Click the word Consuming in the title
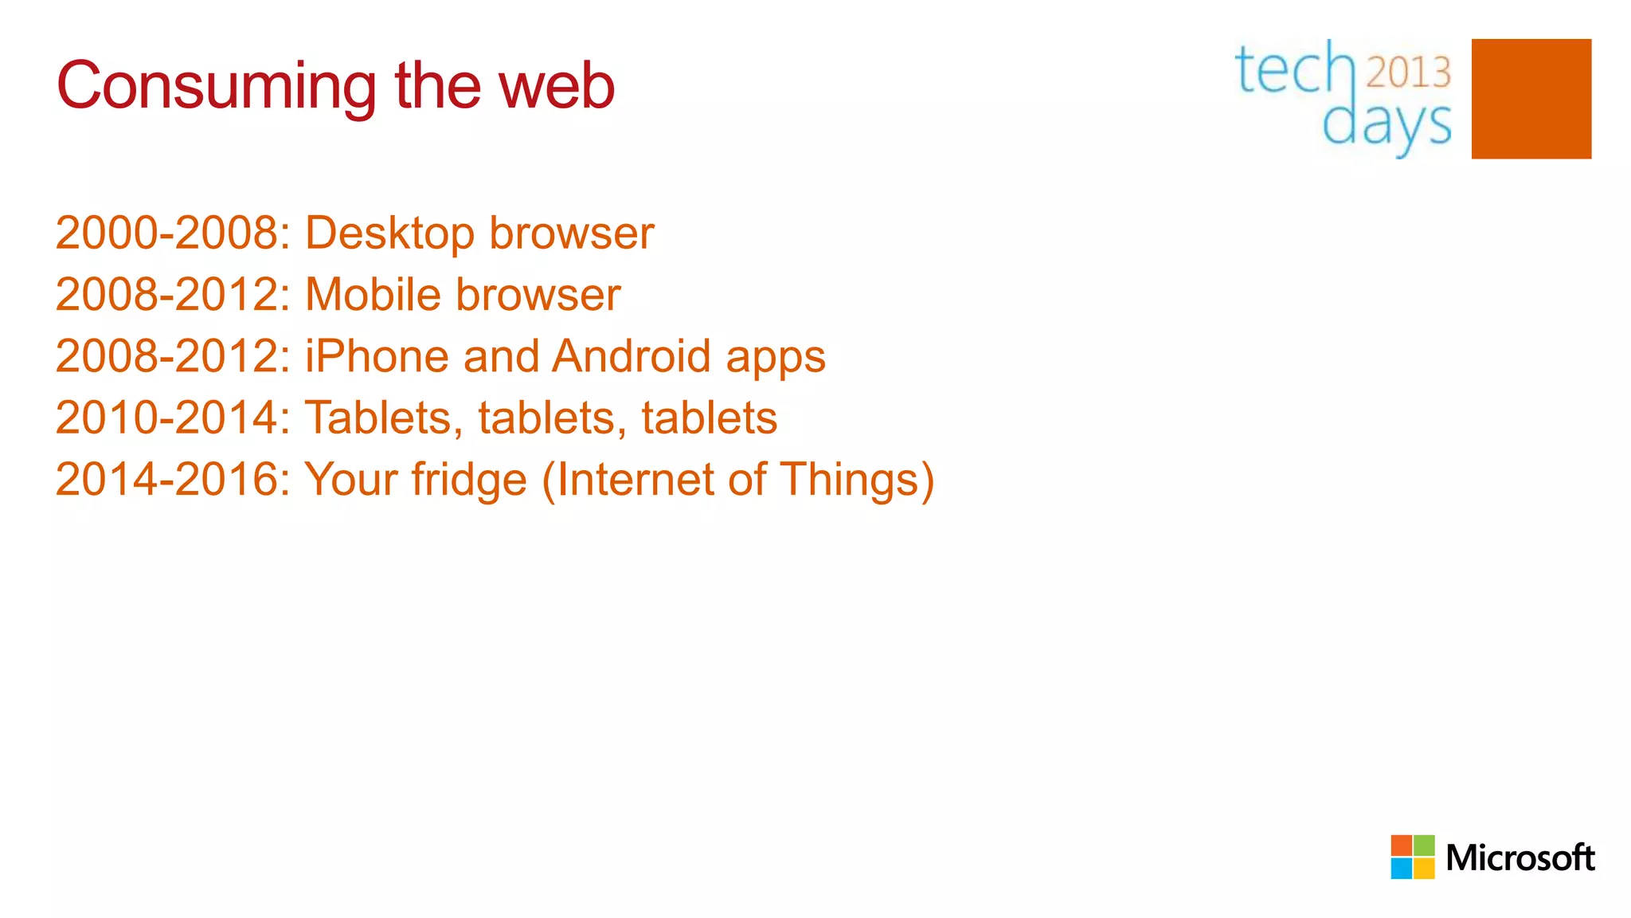click(x=216, y=87)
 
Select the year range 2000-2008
click(x=166, y=233)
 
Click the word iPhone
click(x=377, y=356)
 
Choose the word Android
click(x=631, y=356)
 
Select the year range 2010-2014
click(x=166, y=418)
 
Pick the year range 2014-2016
click(x=166, y=479)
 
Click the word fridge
click(x=469, y=481)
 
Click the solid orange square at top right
click(x=1531, y=99)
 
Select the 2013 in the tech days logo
click(x=1409, y=73)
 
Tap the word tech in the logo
click(x=1294, y=70)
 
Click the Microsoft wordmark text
click(x=1520, y=858)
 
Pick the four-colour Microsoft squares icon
click(x=1413, y=857)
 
